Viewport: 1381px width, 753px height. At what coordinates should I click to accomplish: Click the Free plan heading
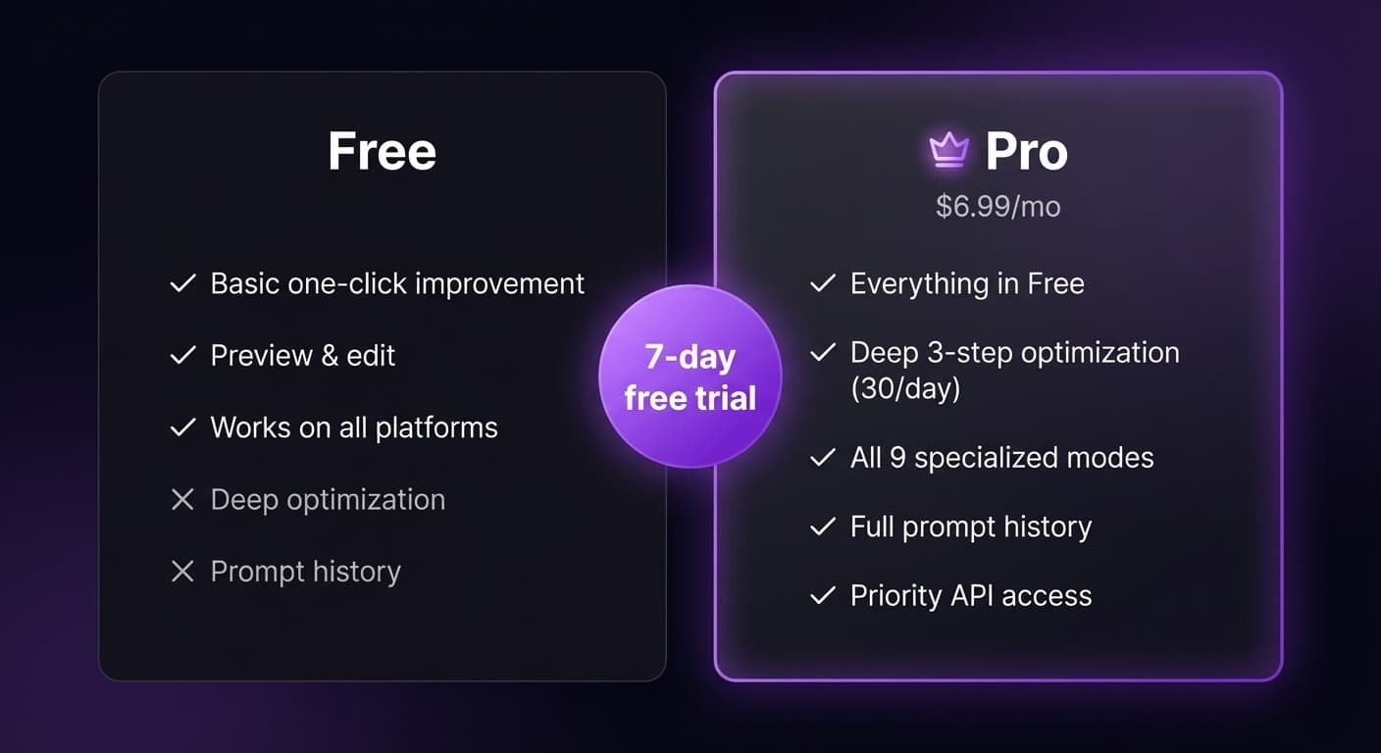click(382, 152)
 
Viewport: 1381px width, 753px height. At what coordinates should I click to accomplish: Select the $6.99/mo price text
click(997, 207)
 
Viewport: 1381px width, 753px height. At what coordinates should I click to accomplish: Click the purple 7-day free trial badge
click(690, 376)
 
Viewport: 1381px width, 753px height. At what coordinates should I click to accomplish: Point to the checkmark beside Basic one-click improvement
click(183, 284)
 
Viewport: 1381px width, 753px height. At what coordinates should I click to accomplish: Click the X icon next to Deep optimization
click(182, 500)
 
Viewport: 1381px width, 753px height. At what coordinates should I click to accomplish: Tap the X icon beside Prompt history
click(182, 572)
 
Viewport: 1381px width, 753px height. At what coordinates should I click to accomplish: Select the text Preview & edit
click(302, 355)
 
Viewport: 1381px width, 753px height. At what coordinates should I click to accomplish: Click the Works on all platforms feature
click(353, 427)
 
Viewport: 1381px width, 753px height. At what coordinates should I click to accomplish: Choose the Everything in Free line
click(966, 284)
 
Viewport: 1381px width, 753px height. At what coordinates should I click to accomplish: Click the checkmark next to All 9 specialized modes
click(822, 458)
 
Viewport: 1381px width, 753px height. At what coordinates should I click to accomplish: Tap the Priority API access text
click(970, 596)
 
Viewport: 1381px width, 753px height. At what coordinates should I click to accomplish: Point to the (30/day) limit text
click(904, 388)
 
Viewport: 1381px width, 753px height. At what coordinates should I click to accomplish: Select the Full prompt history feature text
click(970, 527)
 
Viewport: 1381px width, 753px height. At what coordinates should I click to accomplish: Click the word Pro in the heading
click(1026, 152)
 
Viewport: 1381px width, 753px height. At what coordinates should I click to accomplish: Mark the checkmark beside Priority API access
click(822, 596)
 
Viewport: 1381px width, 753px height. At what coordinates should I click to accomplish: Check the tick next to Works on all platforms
click(183, 427)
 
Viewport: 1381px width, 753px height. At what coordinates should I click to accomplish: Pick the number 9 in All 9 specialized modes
click(897, 458)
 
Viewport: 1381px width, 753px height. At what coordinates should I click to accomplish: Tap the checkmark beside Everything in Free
click(822, 284)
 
